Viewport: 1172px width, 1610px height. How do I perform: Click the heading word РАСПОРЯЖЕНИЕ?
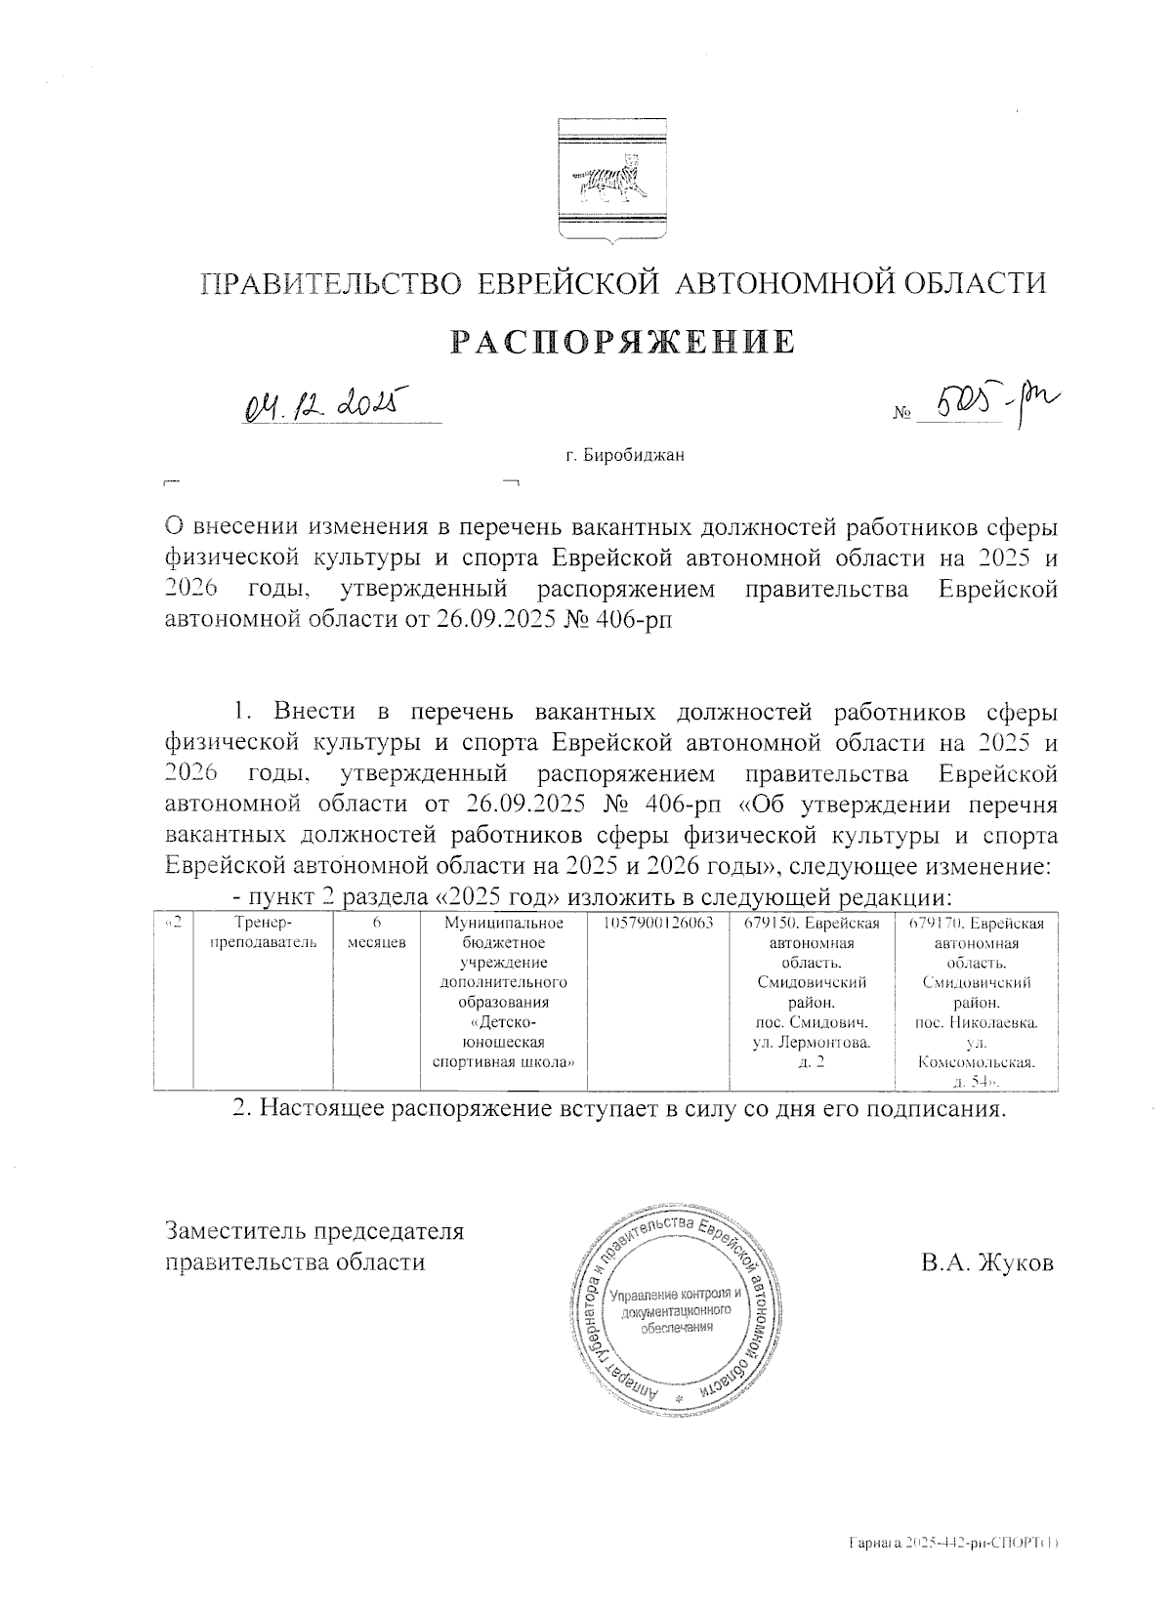pyautogui.click(x=622, y=342)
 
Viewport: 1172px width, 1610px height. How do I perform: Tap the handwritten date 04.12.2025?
pyautogui.click(x=322, y=402)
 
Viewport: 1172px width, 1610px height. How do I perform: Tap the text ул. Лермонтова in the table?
pyautogui.click(x=813, y=1043)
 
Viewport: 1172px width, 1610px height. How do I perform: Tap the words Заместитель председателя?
pyautogui.click(x=314, y=1230)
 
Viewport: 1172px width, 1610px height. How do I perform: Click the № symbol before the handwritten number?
pyautogui.click(x=900, y=415)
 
